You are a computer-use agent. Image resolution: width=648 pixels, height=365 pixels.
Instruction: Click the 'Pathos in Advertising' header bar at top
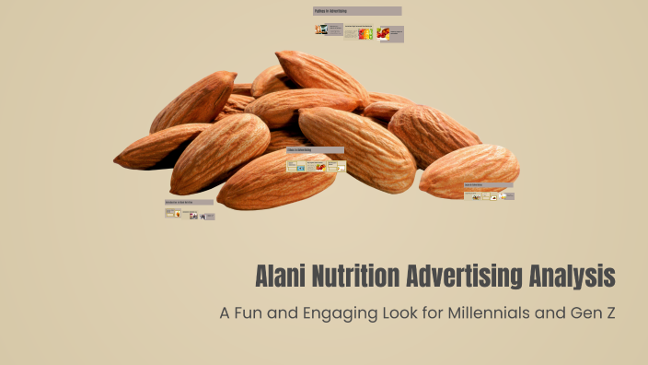357,11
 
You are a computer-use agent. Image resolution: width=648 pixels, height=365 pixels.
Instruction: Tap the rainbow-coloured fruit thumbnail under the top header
364,34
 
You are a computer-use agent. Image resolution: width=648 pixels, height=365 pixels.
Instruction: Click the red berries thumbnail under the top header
383,33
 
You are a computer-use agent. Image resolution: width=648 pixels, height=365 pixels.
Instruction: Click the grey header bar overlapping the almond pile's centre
315,150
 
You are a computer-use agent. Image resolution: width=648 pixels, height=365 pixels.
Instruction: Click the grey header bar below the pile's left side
189,202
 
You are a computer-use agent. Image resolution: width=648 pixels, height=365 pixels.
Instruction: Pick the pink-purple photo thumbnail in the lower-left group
193,216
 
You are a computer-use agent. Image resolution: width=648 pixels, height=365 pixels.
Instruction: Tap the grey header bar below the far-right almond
488,185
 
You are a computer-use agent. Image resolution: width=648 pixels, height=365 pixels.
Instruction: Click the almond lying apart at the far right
469,171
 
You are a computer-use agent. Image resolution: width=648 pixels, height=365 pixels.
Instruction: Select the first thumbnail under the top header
320,29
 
